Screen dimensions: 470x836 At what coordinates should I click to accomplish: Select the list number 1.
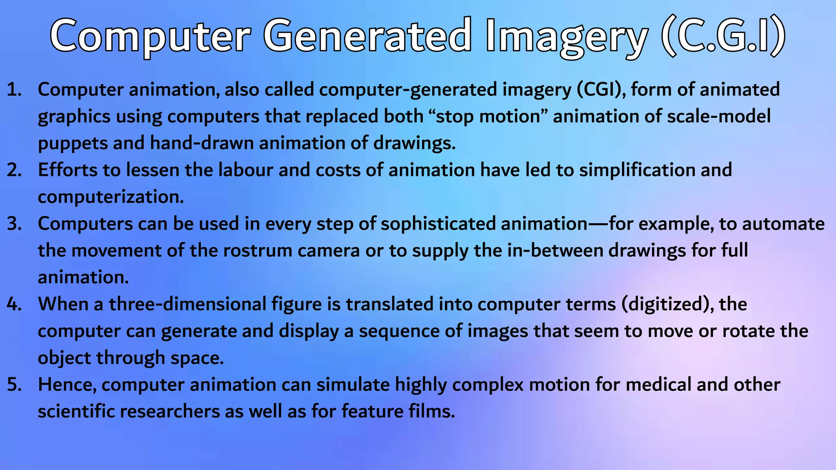[14, 90]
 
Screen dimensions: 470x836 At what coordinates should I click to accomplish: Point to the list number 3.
[14, 224]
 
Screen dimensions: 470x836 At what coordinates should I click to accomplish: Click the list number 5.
[14, 385]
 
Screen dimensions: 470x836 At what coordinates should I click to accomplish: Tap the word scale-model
[719, 117]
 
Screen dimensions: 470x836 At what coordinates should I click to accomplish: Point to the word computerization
[111, 197]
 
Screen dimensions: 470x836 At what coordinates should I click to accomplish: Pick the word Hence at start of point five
[67, 385]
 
